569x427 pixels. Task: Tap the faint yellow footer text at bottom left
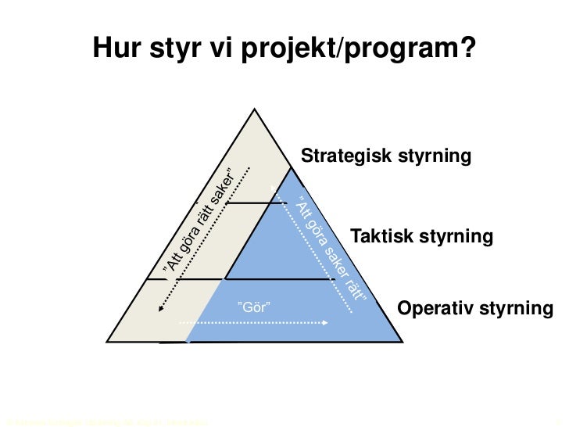tap(106, 422)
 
